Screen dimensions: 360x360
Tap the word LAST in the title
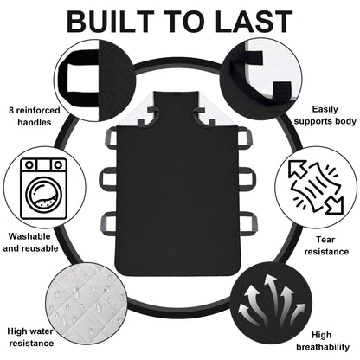click(x=254, y=22)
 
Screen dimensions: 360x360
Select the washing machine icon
click(x=43, y=189)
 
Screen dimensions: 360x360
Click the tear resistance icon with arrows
click(x=317, y=188)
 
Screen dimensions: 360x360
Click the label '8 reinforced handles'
click(x=35, y=116)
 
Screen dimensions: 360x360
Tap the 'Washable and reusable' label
click(x=30, y=242)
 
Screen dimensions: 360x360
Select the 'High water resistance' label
click(x=30, y=337)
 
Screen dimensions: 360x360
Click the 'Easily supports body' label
click(x=325, y=115)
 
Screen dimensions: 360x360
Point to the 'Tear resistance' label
click(x=326, y=246)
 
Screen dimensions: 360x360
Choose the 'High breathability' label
click(x=323, y=341)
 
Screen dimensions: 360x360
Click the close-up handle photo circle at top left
click(x=94, y=80)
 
